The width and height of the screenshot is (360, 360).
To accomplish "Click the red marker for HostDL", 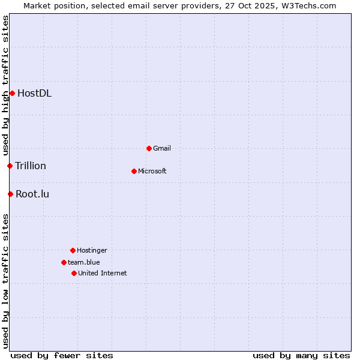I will click(12, 93).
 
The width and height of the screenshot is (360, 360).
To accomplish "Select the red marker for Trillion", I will click(10, 166).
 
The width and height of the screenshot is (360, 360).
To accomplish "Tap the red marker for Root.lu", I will click(10, 194).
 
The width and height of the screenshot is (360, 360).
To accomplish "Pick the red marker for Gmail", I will click(149, 148).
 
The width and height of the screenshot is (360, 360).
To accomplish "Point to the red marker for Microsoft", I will click(134, 171).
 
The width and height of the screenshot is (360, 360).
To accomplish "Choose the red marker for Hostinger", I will click(73, 250).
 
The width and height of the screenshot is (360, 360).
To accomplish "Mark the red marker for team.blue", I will click(64, 262).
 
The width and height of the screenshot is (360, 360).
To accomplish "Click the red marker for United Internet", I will click(74, 273).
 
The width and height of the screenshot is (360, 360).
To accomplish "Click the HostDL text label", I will click(34, 93).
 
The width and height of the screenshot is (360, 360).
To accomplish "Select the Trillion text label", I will click(31, 166).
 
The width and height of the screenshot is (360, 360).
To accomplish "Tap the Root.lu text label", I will click(32, 194).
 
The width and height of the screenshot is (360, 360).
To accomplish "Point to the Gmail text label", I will click(162, 148).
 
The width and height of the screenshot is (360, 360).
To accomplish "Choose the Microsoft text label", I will click(152, 171).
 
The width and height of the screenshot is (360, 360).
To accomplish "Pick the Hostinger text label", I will click(92, 250).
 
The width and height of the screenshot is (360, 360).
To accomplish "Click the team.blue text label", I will click(84, 262).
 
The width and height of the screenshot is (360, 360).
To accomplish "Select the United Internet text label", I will click(103, 273).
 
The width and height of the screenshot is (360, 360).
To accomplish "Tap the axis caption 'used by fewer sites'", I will click(62, 355).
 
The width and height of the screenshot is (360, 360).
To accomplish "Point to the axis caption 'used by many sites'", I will click(301, 355).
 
